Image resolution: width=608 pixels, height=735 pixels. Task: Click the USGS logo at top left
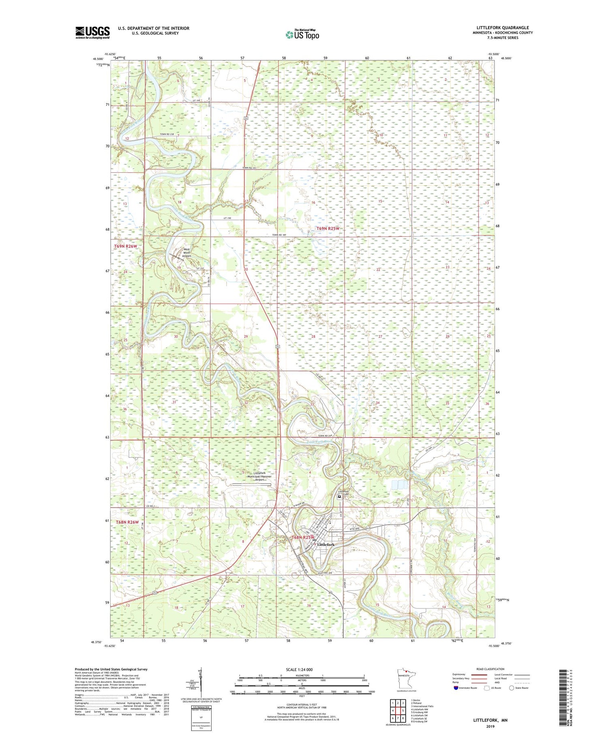pyautogui.click(x=92, y=32)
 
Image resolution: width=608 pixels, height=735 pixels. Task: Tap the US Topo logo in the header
pyautogui.click(x=302, y=35)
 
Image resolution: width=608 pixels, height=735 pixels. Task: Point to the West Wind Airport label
pyautogui.click(x=186, y=253)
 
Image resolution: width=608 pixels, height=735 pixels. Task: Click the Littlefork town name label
pyautogui.click(x=325, y=544)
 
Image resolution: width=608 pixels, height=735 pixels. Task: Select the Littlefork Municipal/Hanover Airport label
pyautogui.click(x=262, y=476)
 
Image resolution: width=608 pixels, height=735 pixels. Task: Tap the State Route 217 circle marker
pyautogui.click(x=368, y=529)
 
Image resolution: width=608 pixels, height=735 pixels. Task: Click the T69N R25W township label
pyautogui.click(x=328, y=229)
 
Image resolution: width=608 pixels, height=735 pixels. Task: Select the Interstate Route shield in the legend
pyautogui.click(x=456, y=688)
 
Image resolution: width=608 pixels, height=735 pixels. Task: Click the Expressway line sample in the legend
pyautogui.click(x=479, y=675)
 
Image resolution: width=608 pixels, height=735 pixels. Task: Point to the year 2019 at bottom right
pyautogui.click(x=490, y=726)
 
